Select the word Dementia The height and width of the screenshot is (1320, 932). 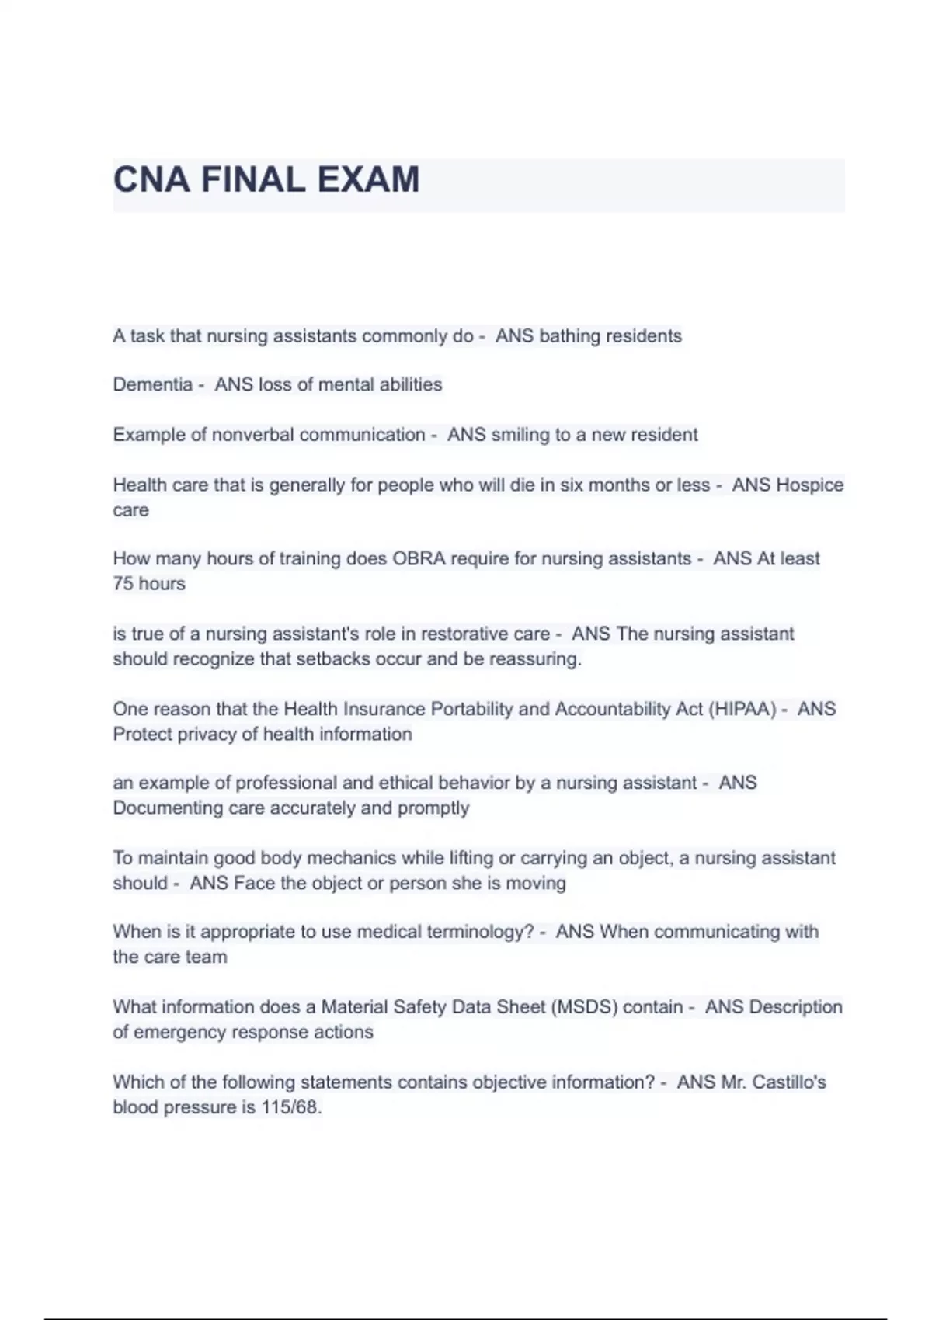coord(152,384)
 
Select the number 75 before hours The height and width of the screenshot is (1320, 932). coord(123,584)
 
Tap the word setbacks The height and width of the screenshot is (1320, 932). coord(325,659)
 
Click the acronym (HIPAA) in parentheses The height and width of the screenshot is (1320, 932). coord(742,709)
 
